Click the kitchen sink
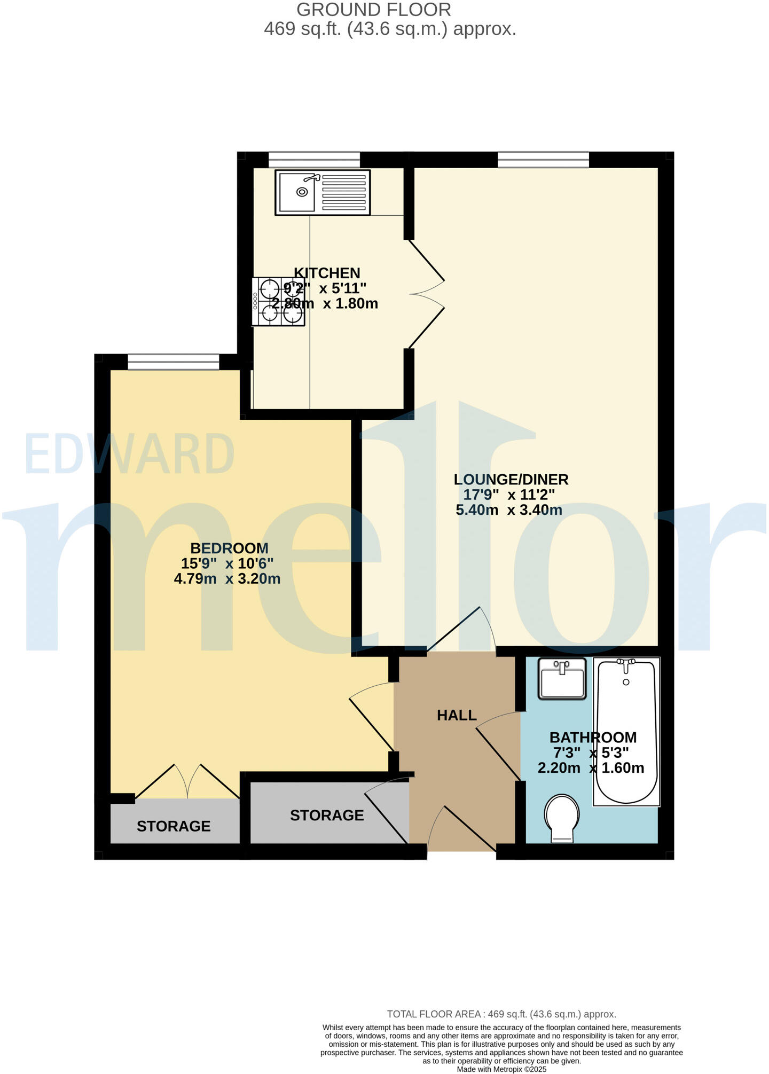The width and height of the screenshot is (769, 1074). (x=323, y=192)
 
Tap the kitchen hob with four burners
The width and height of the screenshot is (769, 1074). (x=278, y=302)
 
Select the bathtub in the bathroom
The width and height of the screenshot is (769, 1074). (x=626, y=731)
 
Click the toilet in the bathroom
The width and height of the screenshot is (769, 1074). (x=561, y=818)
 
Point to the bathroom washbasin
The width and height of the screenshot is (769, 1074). (x=562, y=678)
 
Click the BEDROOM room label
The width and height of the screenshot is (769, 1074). (x=229, y=548)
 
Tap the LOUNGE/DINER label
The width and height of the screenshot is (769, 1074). (x=511, y=479)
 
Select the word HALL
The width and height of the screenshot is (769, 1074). (x=457, y=715)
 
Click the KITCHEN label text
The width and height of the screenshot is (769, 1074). (x=327, y=273)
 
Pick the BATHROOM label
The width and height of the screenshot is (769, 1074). (x=593, y=737)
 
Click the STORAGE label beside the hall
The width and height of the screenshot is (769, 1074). (x=327, y=815)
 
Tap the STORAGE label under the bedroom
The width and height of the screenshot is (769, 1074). (x=174, y=826)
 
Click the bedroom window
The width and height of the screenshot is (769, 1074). (x=174, y=362)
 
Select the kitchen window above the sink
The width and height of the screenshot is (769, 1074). (x=314, y=160)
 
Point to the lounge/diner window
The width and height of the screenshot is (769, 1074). (x=543, y=160)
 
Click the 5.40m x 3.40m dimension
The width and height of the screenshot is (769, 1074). (x=508, y=510)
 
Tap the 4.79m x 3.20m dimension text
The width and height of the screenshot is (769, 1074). (x=227, y=578)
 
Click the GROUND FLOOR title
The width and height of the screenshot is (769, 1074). (x=374, y=10)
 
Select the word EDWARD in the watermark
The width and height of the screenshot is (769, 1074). (x=129, y=454)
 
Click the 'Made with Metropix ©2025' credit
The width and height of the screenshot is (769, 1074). (x=501, y=1069)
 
